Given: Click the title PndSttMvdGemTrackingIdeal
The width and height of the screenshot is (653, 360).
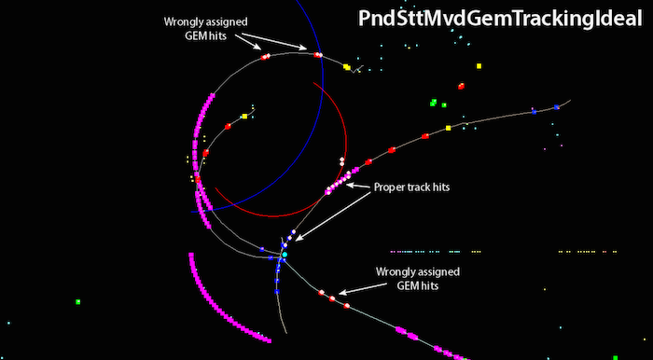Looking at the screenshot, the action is point(500,19).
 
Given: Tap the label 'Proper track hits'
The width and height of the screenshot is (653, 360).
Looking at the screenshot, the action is point(411,187).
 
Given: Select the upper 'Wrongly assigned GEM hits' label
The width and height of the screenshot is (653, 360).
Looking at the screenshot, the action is point(205,28).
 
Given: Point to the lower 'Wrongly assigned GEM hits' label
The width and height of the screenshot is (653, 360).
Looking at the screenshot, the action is point(418,279).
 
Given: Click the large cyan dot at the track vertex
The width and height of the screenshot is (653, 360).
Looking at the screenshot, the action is point(285,255).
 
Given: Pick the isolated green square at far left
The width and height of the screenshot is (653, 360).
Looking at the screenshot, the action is point(77,302).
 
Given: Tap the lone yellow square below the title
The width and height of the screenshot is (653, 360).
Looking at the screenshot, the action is point(479,66).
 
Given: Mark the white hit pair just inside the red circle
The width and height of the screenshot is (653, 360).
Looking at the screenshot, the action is point(342,161).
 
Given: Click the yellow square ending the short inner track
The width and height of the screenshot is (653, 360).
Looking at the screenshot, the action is point(244,117).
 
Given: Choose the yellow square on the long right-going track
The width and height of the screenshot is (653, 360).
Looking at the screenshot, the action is point(448,128).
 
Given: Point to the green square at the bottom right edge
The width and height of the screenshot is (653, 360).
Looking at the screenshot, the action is point(615,358).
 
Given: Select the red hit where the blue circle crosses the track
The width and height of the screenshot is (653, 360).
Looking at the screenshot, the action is point(318,54).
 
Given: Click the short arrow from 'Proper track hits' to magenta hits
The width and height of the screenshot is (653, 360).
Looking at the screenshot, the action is point(359,186).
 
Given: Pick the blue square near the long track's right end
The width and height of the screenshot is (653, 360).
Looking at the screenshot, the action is point(556,107).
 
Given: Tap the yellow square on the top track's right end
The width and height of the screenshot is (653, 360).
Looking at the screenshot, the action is point(346,66).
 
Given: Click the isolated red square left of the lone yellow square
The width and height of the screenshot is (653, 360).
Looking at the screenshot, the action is point(461,86).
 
